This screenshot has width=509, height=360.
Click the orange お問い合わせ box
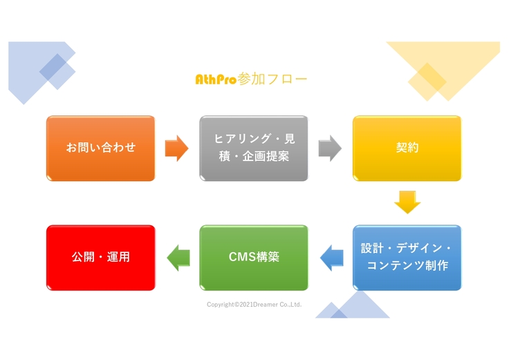pyautogui.click(x=100, y=148)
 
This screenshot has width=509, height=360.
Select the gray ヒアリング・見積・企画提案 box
pyautogui.click(x=254, y=148)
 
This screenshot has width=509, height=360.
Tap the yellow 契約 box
pyautogui.click(x=407, y=148)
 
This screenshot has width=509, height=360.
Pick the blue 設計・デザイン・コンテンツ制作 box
pyautogui.click(x=407, y=257)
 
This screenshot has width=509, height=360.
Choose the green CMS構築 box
pyautogui.click(x=254, y=257)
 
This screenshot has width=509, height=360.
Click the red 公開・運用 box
pyautogui.click(x=100, y=257)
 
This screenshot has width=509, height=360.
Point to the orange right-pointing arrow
pyautogui.click(x=176, y=148)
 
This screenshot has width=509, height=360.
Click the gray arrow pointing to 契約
pyautogui.click(x=330, y=148)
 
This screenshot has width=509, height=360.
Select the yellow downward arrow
pyautogui.click(x=407, y=202)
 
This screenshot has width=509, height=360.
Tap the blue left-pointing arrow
pyautogui.click(x=331, y=257)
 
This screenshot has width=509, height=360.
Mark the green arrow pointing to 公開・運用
pyautogui.click(x=178, y=257)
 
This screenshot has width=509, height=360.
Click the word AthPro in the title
pyautogui.click(x=216, y=79)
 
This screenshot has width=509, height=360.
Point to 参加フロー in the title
pyautogui.click(x=272, y=79)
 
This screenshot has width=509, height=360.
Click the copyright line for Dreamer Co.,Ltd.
pyautogui.click(x=254, y=304)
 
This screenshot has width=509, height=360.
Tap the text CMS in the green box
pyautogui.click(x=241, y=257)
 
